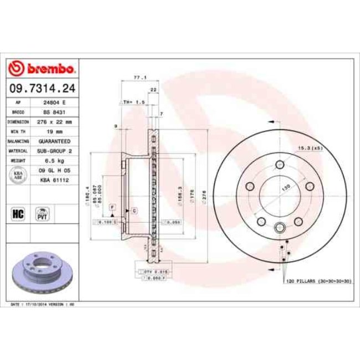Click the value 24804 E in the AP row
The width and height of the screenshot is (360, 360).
tap(55, 103)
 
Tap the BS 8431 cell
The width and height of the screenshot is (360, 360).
tap(55, 112)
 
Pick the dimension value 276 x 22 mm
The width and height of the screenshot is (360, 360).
tap(55, 121)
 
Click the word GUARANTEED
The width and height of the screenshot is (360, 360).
tap(55, 141)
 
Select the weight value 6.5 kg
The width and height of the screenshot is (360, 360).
tap(55, 160)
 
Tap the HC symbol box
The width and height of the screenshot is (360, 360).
tap(17, 212)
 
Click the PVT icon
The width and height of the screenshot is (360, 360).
tap(42, 213)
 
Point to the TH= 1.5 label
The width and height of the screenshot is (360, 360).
tap(133, 102)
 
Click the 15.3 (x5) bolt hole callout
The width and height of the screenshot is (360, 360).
tap(311, 148)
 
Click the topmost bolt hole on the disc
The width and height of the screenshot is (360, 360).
tap(280, 164)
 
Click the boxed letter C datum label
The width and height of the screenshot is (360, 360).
tap(134, 212)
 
